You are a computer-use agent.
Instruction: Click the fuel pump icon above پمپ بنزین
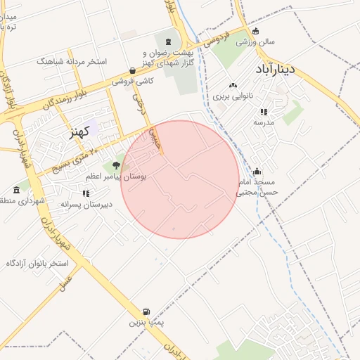pos(146,311)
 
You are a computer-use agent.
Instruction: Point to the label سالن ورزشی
pos(255,42)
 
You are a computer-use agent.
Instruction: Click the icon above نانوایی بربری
pos(233,85)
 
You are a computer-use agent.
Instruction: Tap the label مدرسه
pos(264,122)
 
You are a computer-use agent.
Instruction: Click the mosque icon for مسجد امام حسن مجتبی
pos(257,171)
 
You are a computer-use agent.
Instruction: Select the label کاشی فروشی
pos(133,82)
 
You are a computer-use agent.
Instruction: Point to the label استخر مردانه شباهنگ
pos(73,61)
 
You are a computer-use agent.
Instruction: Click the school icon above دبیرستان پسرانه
pos(86,193)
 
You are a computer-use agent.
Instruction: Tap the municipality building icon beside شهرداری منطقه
pos(16,189)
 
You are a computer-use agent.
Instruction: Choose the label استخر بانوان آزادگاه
pos(37,263)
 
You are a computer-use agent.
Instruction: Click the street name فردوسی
pos(217,40)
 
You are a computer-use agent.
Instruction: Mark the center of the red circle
pos(180,179)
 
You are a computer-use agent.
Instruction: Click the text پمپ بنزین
pos(145,323)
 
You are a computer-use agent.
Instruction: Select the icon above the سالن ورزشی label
pos(255,31)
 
